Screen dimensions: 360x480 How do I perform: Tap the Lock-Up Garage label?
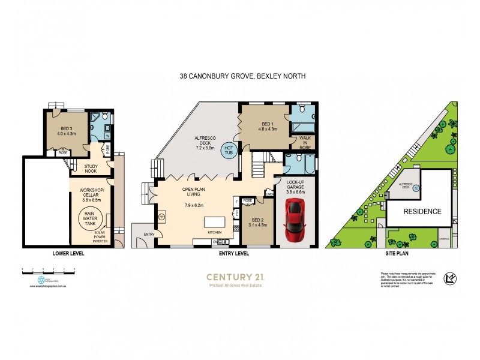click(296, 186)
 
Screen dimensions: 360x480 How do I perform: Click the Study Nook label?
click(91, 169)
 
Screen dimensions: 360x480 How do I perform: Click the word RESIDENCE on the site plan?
click(422, 211)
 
